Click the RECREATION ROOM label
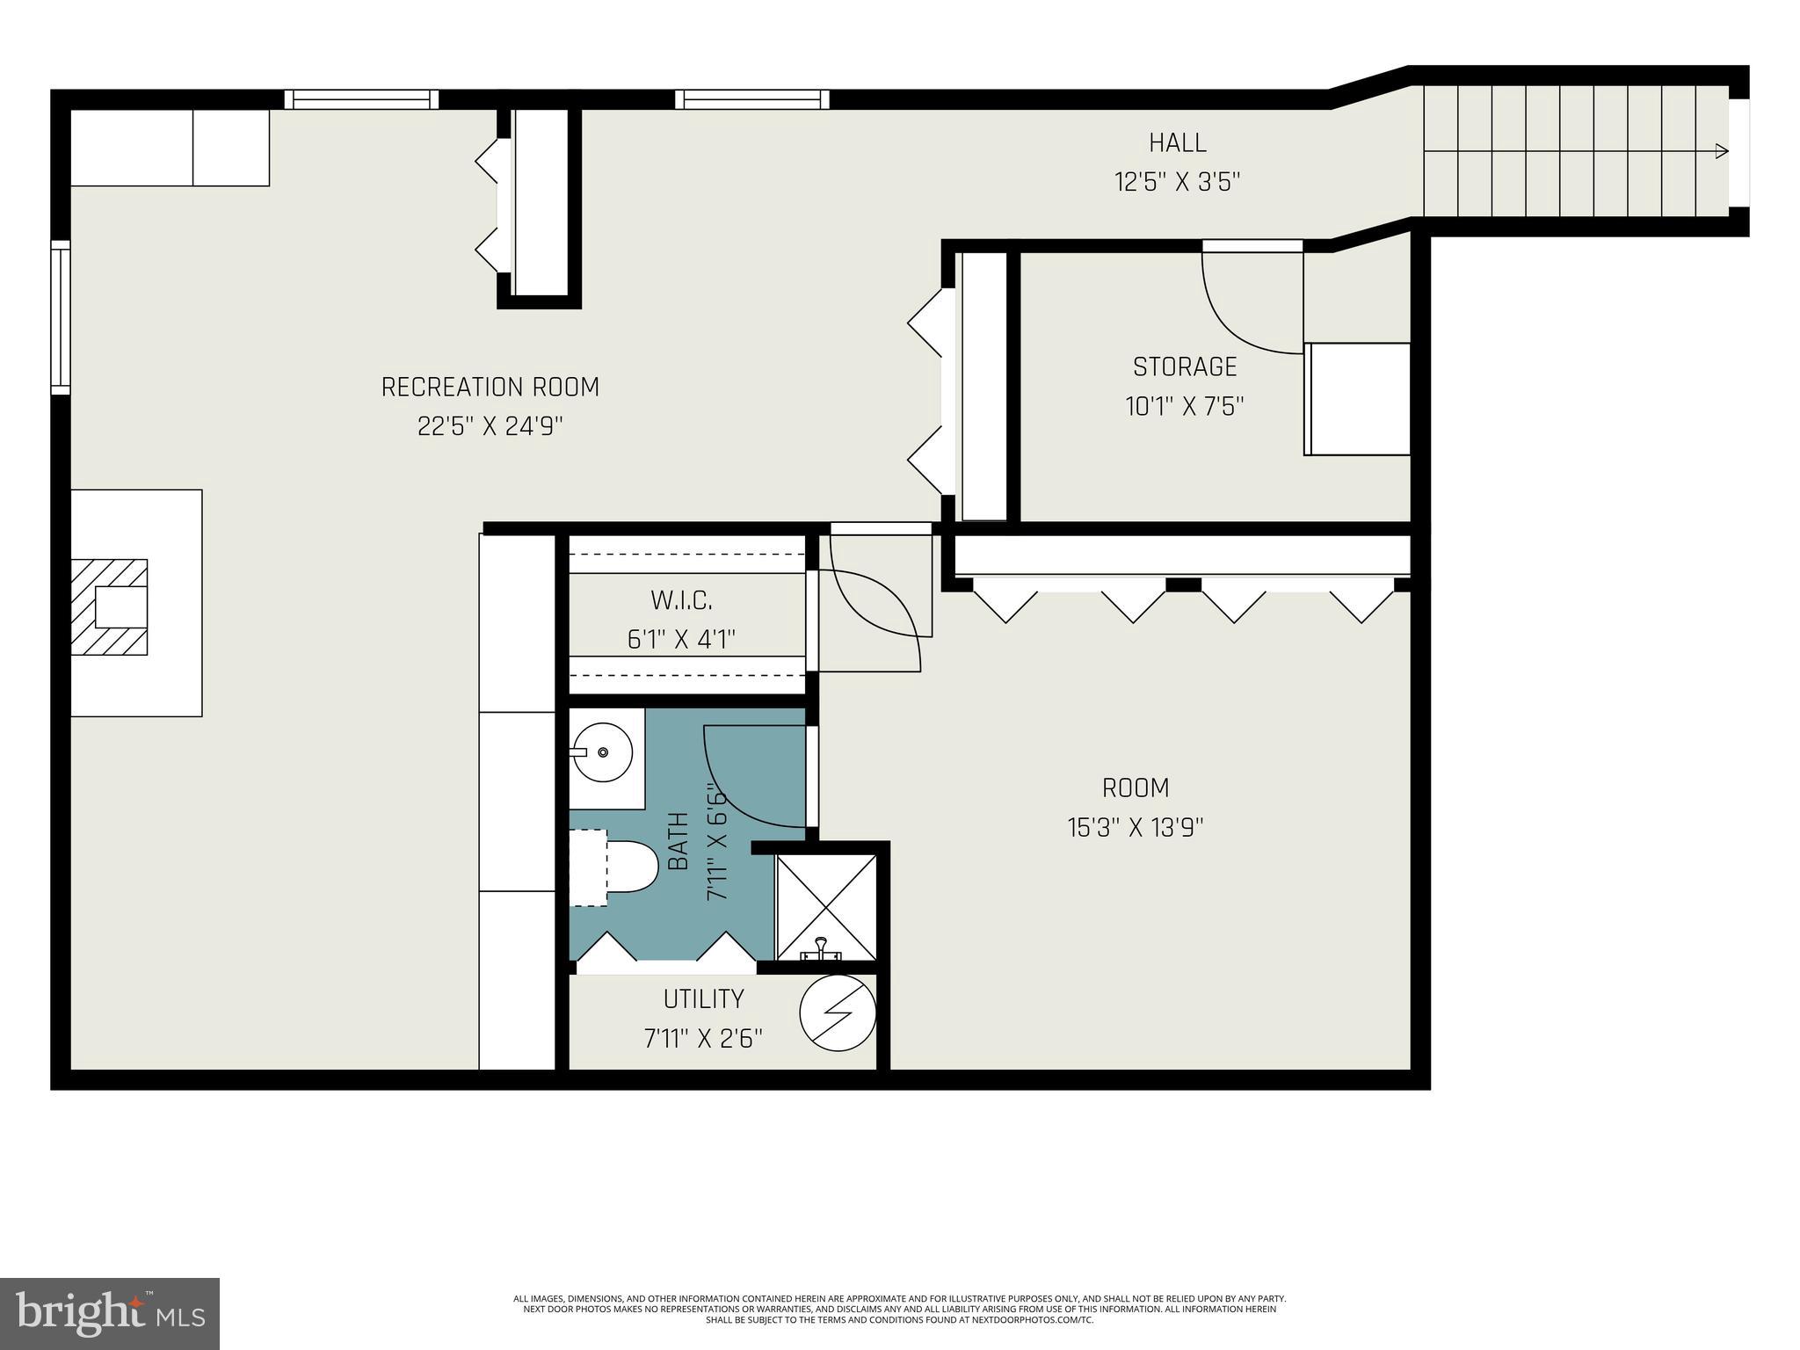[x=490, y=387]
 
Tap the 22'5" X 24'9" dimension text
[x=490, y=426]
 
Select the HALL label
[x=1177, y=142]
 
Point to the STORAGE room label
[x=1184, y=367]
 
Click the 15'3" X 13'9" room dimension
[x=1135, y=828]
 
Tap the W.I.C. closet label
[x=681, y=600]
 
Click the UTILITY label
[x=703, y=999]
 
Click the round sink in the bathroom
[x=602, y=752]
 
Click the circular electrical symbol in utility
[x=838, y=1012]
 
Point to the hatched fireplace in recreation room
[x=110, y=607]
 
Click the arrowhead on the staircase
[x=1722, y=151]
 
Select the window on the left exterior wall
[x=60, y=317]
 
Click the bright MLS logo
[x=110, y=1314]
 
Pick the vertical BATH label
[x=679, y=841]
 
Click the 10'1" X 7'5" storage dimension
[x=1184, y=407]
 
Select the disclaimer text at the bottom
[x=899, y=1309]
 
